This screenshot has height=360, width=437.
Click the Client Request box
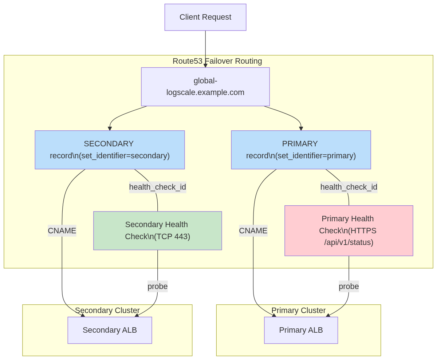pos(205,17)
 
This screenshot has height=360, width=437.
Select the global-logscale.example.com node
pos(205,87)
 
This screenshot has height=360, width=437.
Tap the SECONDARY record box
pos(110,150)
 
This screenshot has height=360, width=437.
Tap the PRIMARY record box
pos(301,150)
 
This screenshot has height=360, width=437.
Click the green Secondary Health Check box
pos(157,230)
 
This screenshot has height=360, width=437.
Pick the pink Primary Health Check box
pos(349,230)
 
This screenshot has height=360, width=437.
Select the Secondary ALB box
pos(110,330)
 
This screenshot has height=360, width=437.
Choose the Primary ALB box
pos(301,330)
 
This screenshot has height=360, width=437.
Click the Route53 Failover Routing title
pos(217,61)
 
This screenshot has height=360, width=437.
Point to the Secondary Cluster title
pos(107,310)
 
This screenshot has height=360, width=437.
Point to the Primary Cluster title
pos(298,310)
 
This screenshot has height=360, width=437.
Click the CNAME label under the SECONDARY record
pos(62,230)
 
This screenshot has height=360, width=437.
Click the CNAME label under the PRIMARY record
pos(253,230)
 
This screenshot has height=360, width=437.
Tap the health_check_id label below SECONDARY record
pos(157,187)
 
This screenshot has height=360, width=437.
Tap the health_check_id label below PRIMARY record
pos(349,187)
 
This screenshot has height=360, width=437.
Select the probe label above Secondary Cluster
pos(157,286)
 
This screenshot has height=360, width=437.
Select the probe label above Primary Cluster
pos(349,286)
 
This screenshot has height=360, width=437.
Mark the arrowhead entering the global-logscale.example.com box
pos(205,66)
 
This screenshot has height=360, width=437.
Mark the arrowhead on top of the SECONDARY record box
pos(110,128)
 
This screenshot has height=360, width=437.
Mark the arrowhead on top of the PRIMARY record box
pos(301,128)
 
